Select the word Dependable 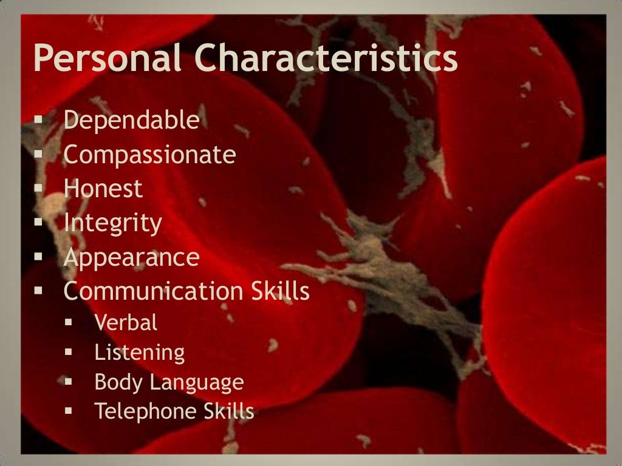point(132,121)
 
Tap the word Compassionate point(149,156)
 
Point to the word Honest point(103,189)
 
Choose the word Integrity point(113,224)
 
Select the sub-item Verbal point(126,323)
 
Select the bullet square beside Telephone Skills point(69,413)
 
